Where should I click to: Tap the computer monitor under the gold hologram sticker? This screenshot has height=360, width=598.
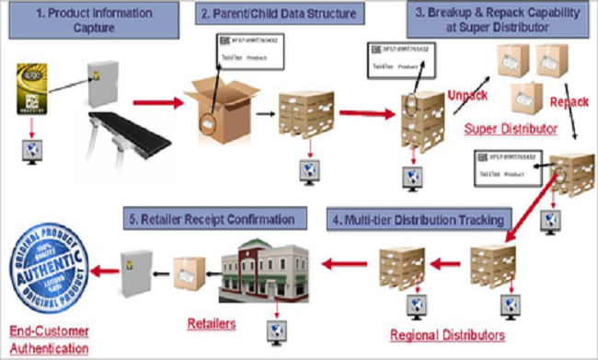tap(30, 151)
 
